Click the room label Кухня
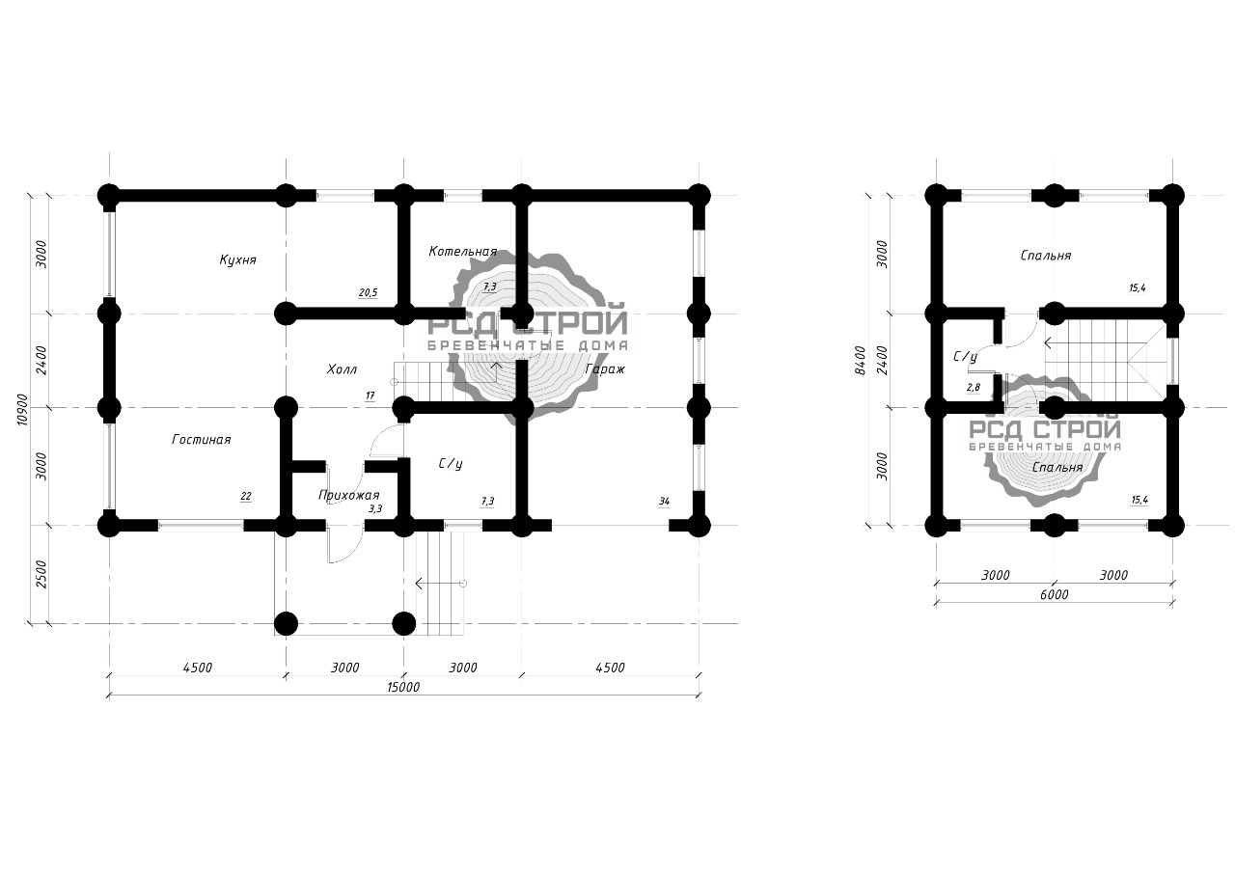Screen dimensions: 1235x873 tap(237, 259)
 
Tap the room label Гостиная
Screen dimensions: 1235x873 tap(202, 439)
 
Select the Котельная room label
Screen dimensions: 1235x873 tap(462, 252)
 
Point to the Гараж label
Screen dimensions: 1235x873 tap(605, 369)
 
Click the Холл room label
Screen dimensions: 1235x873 tap(342, 369)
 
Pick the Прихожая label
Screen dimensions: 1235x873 tap(349, 496)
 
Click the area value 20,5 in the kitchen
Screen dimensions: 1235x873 tap(368, 292)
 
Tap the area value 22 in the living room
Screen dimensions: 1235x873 tap(246, 496)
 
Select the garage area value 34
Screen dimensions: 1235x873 tap(665, 501)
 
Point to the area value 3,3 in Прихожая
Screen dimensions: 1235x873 tap(375, 508)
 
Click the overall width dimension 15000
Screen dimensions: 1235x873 tap(403, 687)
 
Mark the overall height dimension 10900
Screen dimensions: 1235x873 tap(22, 409)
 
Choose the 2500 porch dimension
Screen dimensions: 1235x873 tap(41, 574)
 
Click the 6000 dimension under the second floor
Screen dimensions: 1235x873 tap(1054, 594)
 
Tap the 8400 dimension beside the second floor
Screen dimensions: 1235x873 tap(862, 361)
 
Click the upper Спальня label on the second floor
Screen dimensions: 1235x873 tap(1045, 256)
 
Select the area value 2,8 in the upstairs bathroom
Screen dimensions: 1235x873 tap(974, 388)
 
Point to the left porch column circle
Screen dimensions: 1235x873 tap(287, 624)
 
